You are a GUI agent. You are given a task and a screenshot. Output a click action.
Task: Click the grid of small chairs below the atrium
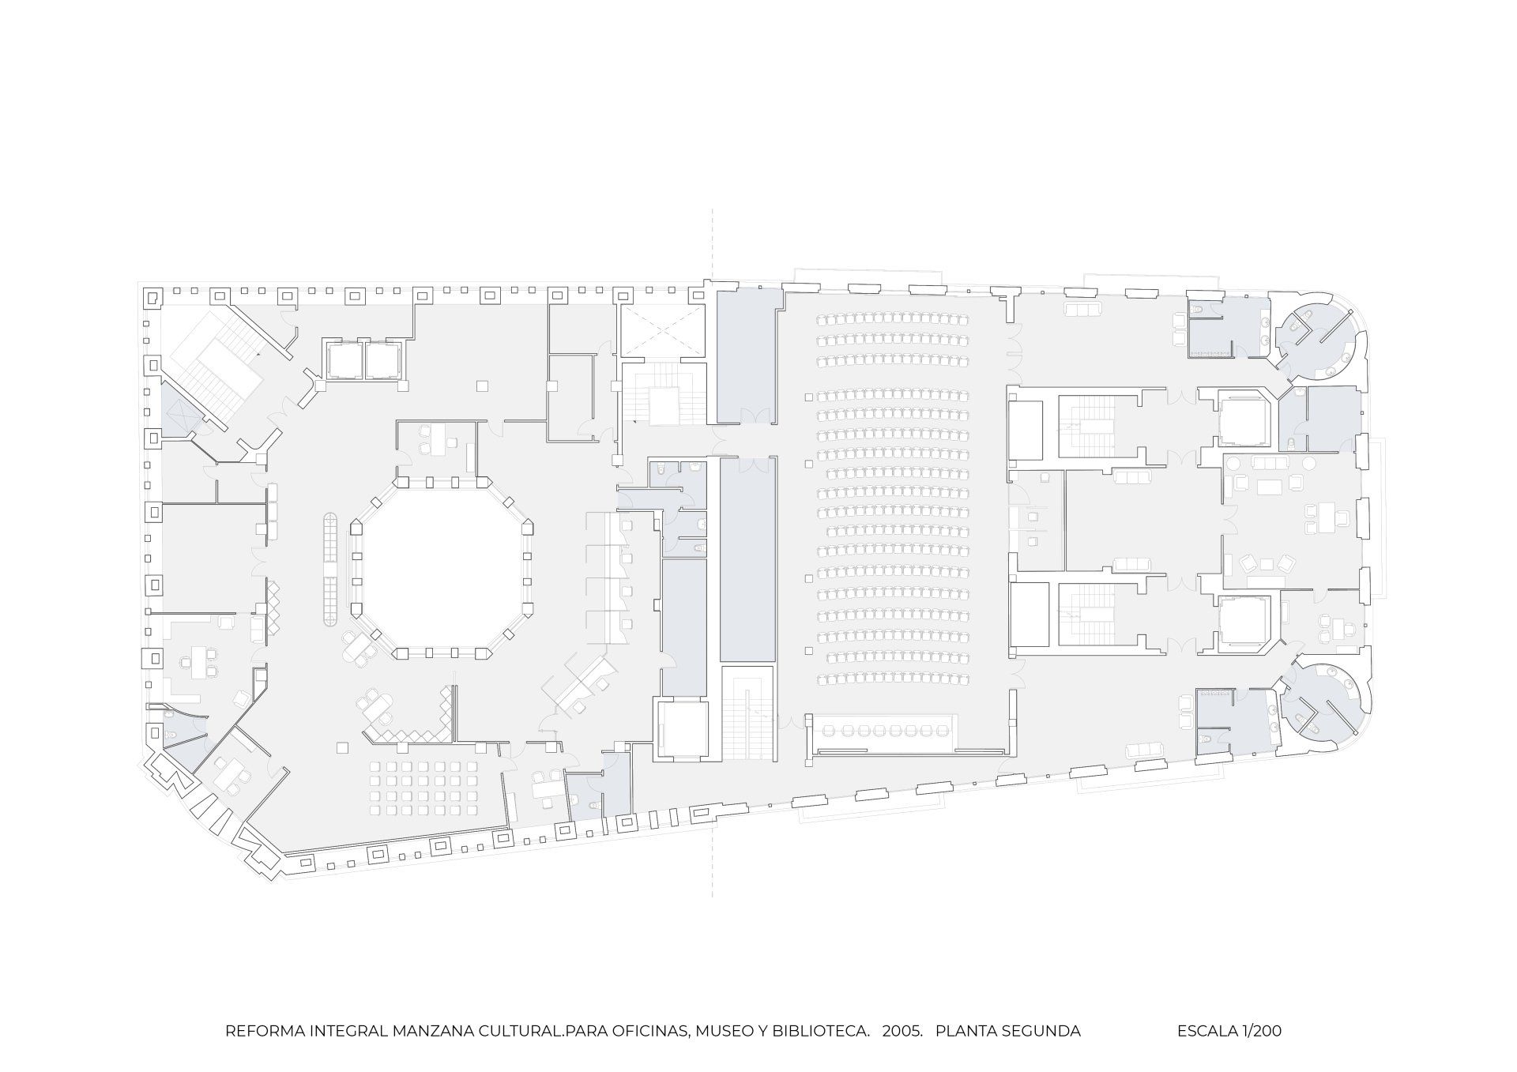(x=425, y=788)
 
